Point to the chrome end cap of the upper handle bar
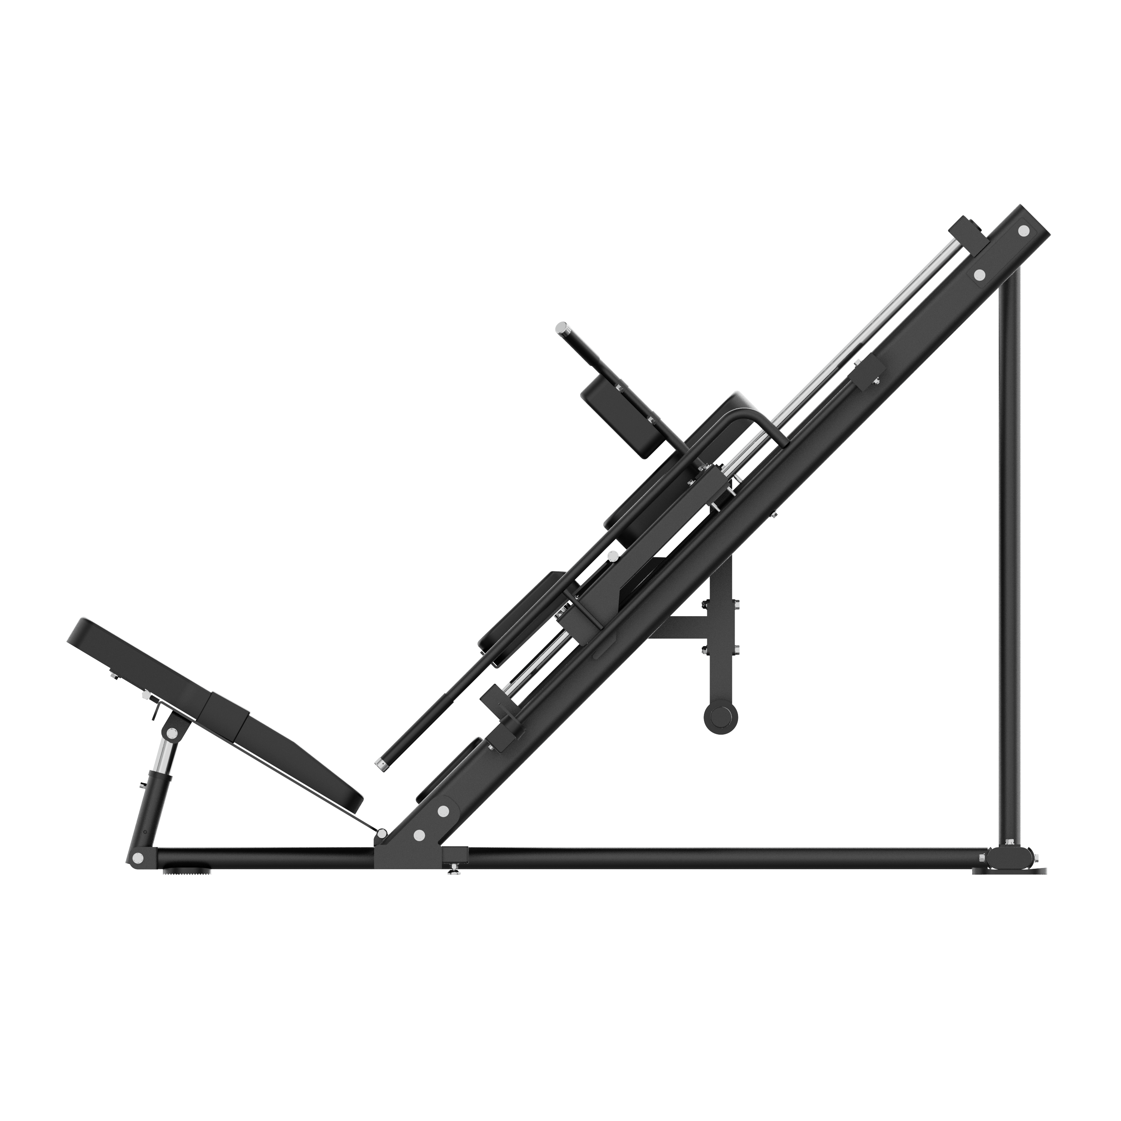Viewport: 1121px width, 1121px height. (x=561, y=329)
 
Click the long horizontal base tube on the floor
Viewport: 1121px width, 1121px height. (x=696, y=859)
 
